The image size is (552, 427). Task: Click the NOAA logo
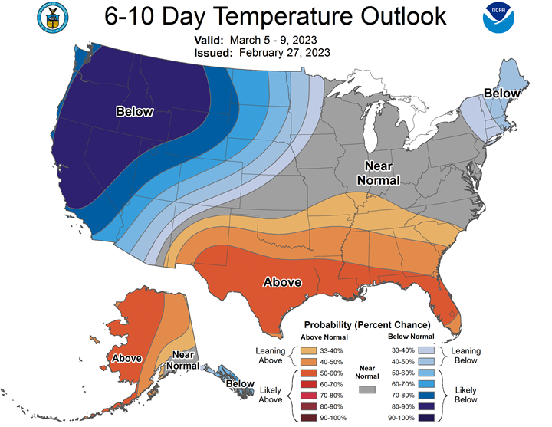[x=498, y=18]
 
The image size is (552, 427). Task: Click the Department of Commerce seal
[x=53, y=18]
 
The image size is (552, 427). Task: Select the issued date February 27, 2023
[x=284, y=53]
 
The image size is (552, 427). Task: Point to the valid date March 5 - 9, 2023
[x=273, y=40]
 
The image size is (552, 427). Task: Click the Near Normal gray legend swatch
[x=367, y=389]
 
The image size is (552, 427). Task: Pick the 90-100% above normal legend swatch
[x=308, y=418]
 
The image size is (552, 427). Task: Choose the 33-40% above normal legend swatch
[x=308, y=350]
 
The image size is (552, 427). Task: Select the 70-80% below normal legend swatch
[x=426, y=396]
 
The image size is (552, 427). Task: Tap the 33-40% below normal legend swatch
[x=426, y=350]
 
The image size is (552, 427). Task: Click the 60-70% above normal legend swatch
[x=308, y=384]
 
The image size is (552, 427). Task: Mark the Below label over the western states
[x=134, y=112]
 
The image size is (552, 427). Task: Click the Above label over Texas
[x=282, y=282]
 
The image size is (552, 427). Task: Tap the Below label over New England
[x=501, y=94]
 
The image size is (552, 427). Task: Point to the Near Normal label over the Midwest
[x=379, y=172]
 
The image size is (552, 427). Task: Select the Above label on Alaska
[x=127, y=358]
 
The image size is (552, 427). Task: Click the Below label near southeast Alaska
[x=240, y=383]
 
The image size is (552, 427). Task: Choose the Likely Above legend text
[x=271, y=395]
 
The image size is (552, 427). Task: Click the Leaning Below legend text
[x=466, y=356]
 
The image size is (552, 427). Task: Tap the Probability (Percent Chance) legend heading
[x=367, y=324]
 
